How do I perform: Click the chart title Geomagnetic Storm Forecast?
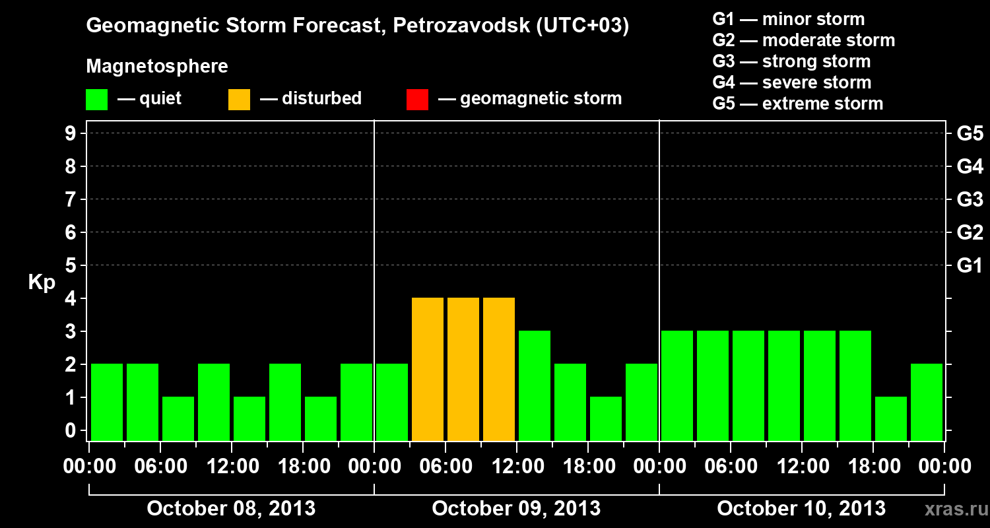[x=357, y=26]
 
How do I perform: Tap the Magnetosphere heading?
[x=157, y=67]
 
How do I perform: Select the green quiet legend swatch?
[x=96, y=100]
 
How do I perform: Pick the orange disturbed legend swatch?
[x=239, y=100]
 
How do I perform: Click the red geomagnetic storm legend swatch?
[x=417, y=100]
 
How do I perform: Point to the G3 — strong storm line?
[x=791, y=61]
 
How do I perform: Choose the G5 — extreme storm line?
[x=797, y=104]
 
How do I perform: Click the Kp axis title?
[x=42, y=282]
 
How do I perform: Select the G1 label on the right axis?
[x=970, y=266]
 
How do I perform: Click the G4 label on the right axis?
[x=970, y=167]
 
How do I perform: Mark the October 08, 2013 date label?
[x=231, y=509]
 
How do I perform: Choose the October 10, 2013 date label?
[x=801, y=509]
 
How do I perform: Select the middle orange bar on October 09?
[x=463, y=370]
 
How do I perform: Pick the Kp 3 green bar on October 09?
[x=535, y=386]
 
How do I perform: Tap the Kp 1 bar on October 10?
[x=891, y=419]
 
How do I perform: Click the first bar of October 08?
[x=107, y=403]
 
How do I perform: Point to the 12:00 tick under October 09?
[x=517, y=467]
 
